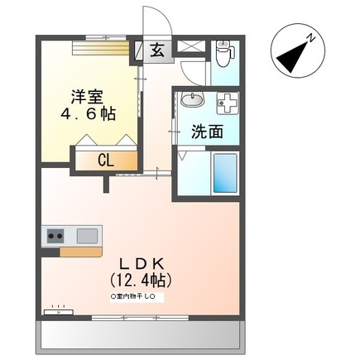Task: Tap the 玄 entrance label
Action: pos(157,50)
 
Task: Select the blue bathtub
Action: pos(223,172)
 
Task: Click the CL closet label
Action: pos(106,161)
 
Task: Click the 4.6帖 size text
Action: pos(89,114)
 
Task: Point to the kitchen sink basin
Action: pos(87,236)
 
